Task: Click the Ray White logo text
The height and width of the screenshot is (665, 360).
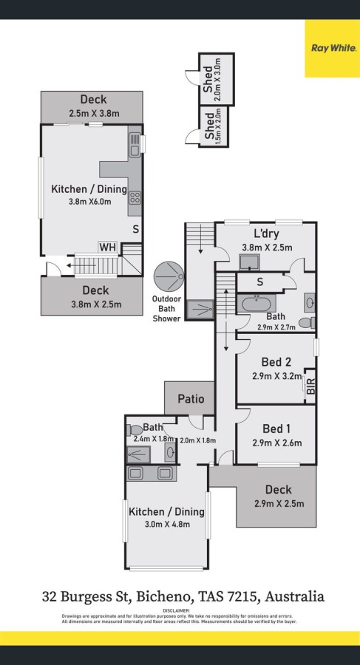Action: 333,48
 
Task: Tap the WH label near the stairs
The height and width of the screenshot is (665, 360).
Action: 107,248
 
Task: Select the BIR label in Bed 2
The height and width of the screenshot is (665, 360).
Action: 310,386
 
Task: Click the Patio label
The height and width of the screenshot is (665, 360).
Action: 191,399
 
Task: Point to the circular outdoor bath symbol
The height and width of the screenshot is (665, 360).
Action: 169,276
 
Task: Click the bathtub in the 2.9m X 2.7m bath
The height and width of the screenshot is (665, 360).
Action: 257,304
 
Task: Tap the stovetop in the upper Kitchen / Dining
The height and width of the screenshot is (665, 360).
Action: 135,197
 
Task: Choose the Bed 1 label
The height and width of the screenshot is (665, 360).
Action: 276,428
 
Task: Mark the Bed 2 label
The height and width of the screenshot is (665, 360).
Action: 276,362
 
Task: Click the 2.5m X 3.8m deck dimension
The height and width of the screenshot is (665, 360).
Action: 94,113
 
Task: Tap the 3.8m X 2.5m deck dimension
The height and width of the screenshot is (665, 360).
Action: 95,304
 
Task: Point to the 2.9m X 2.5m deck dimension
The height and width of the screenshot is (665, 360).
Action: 279,504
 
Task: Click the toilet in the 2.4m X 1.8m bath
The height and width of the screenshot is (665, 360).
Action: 135,430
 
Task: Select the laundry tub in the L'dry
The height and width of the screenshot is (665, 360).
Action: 249,262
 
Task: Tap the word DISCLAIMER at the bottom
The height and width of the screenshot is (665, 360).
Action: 180,610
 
